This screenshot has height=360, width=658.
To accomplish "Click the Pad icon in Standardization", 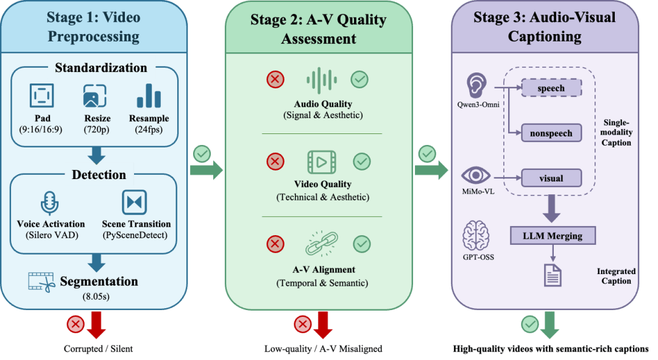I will point(42,96).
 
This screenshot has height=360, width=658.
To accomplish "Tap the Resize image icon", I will point(95,96).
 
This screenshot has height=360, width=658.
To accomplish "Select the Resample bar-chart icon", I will point(149,96).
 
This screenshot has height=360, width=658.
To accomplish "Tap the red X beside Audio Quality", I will point(275,79).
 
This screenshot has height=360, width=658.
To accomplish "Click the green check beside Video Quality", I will point(362,161).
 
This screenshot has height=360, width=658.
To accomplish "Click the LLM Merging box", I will point(552,235).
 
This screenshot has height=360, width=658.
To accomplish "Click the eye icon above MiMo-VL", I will point(476,175).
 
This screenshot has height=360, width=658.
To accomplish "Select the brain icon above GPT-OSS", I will point(478,236).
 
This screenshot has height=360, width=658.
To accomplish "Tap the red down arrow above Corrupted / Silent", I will point(96,325).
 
